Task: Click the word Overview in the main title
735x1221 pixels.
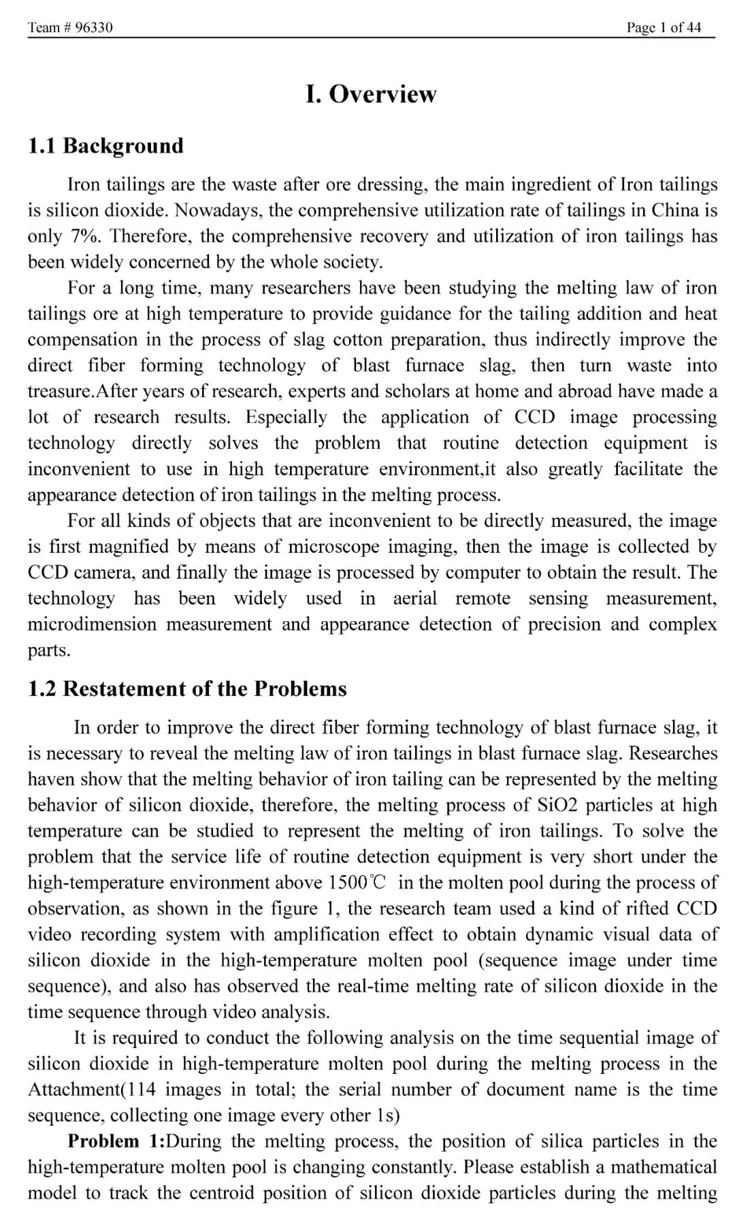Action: coord(382,94)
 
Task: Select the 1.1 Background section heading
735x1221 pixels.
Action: coord(105,146)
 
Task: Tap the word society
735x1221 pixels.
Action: coord(355,262)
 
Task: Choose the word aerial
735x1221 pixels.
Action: coord(415,599)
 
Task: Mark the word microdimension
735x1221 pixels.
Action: coord(92,624)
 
